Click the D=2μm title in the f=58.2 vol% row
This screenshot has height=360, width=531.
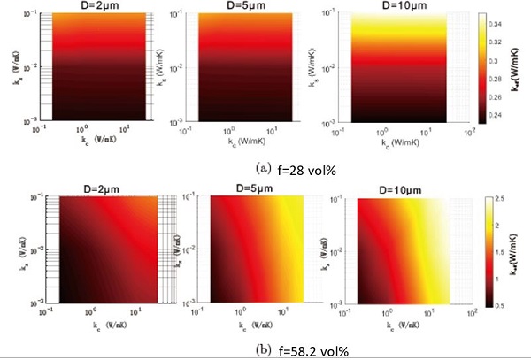87,187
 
